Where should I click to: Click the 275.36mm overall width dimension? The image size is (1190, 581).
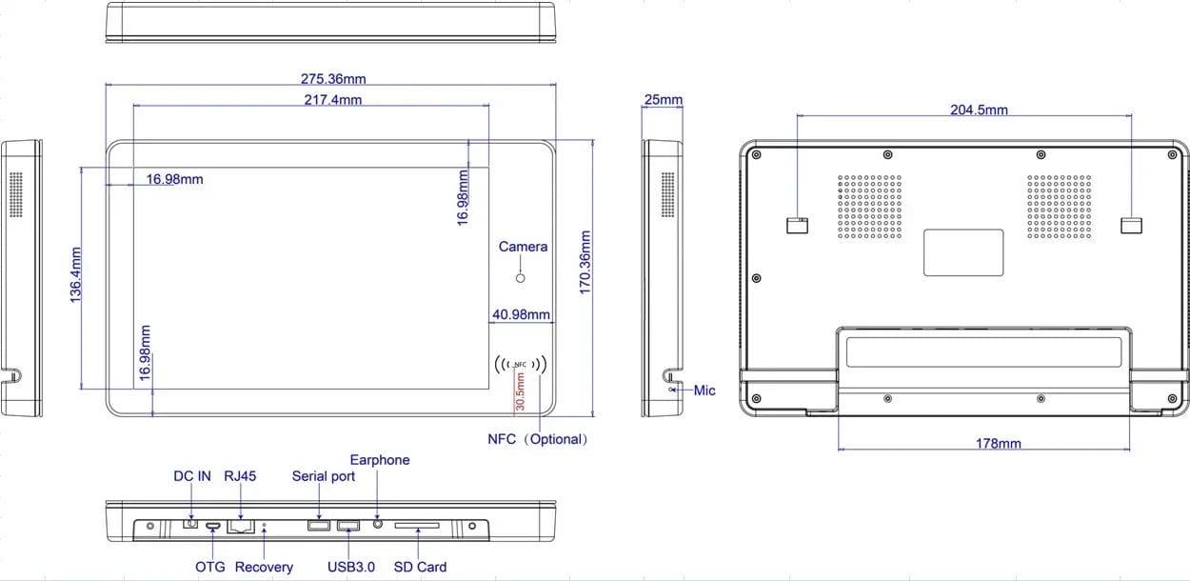pyautogui.click(x=333, y=79)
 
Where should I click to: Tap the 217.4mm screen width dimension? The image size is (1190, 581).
pyautogui.click(x=332, y=100)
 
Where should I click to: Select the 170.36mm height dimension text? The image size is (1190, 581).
pyautogui.click(x=585, y=262)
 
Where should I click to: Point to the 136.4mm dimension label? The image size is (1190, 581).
pyautogui.click(x=75, y=275)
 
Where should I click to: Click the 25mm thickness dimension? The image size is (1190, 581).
pyautogui.click(x=663, y=99)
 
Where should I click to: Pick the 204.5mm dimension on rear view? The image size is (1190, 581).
pyautogui.click(x=979, y=110)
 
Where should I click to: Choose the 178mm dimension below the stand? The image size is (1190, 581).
pyautogui.click(x=999, y=443)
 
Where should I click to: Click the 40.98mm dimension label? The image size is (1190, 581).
pyautogui.click(x=521, y=314)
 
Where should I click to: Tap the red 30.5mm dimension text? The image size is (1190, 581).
pyautogui.click(x=520, y=391)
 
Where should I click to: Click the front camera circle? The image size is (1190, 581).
pyautogui.click(x=521, y=278)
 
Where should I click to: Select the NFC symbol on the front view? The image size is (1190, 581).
pyautogui.click(x=521, y=364)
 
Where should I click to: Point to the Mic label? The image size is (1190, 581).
pyautogui.click(x=704, y=391)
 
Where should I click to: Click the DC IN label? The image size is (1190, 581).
pyautogui.click(x=191, y=475)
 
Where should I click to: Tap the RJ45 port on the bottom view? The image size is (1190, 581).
pyautogui.click(x=241, y=527)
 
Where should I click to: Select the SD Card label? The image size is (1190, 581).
pyautogui.click(x=420, y=567)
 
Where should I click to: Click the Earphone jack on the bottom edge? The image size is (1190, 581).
pyautogui.click(x=378, y=524)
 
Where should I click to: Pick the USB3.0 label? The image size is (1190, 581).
pyautogui.click(x=351, y=567)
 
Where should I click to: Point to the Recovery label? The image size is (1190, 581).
pyautogui.click(x=264, y=567)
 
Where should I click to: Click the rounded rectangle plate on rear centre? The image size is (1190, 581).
pyautogui.click(x=963, y=252)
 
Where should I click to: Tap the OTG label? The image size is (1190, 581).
pyautogui.click(x=209, y=567)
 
